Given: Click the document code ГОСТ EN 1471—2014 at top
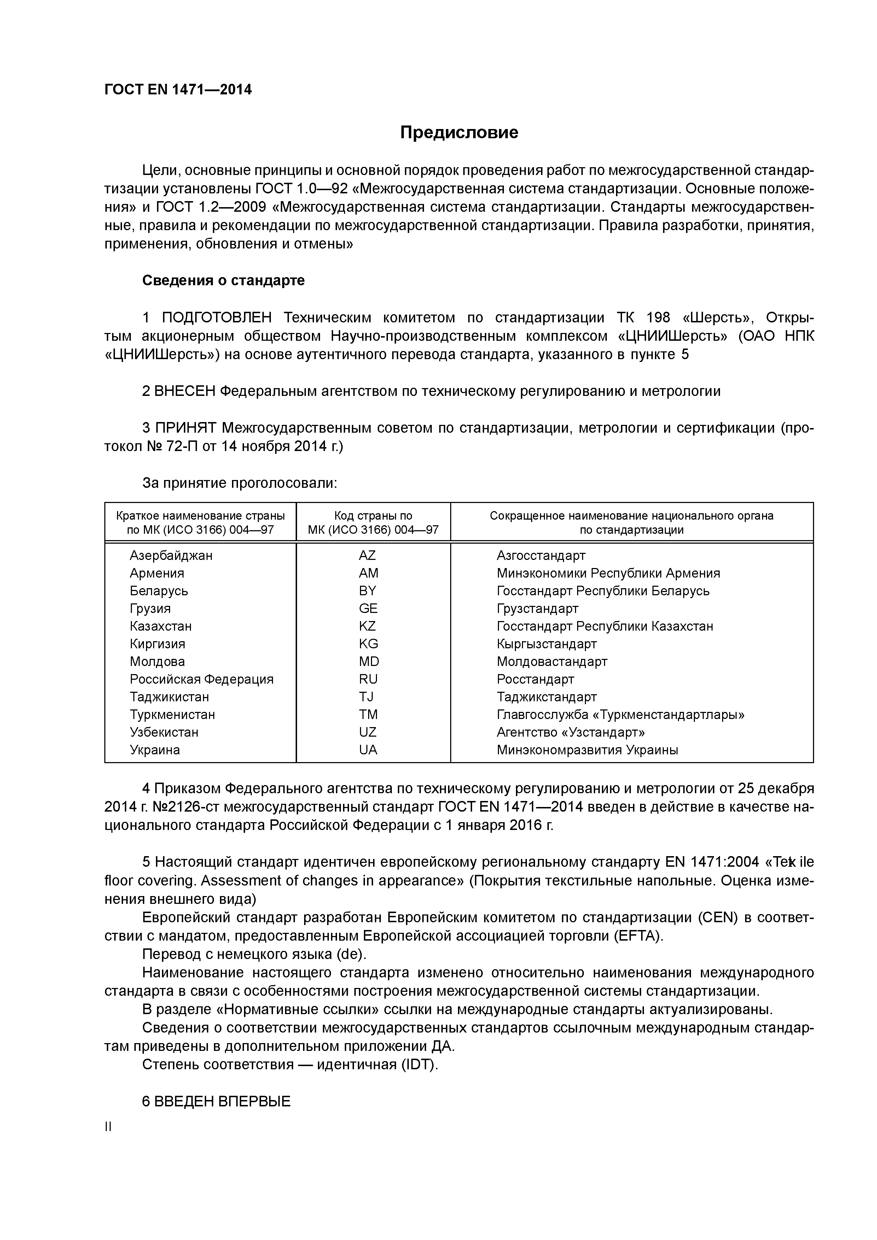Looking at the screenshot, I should click(x=178, y=90).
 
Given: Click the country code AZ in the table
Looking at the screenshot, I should click(x=367, y=555).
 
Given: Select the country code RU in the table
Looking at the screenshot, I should click(x=368, y=679).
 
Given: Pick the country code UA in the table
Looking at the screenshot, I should click(x=368, y=750).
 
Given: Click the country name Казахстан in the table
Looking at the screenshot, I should click(x=161, y=626).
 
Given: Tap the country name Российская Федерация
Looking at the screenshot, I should click(x=202, y=679).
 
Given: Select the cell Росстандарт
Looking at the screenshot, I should click(x=535, y=679).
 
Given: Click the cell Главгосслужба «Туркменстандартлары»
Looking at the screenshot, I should click(x=620, y=714).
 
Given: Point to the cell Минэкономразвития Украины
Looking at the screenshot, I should click(x=587, y=750).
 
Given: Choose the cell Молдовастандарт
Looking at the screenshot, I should click(x=552, y=662).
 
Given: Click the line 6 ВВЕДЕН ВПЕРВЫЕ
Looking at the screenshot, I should click(x=216, y=1101).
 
